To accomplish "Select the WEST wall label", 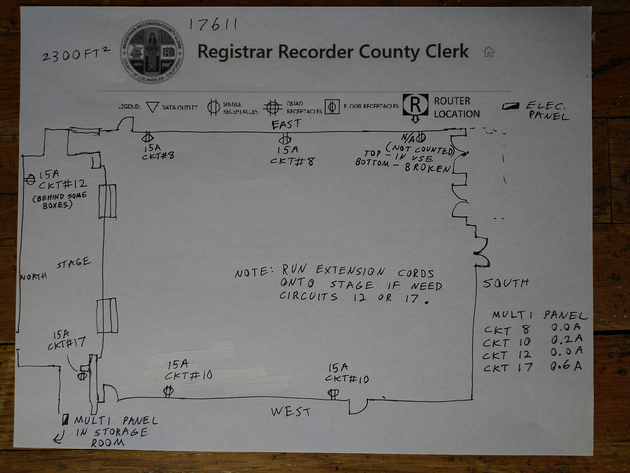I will point(290,411).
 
